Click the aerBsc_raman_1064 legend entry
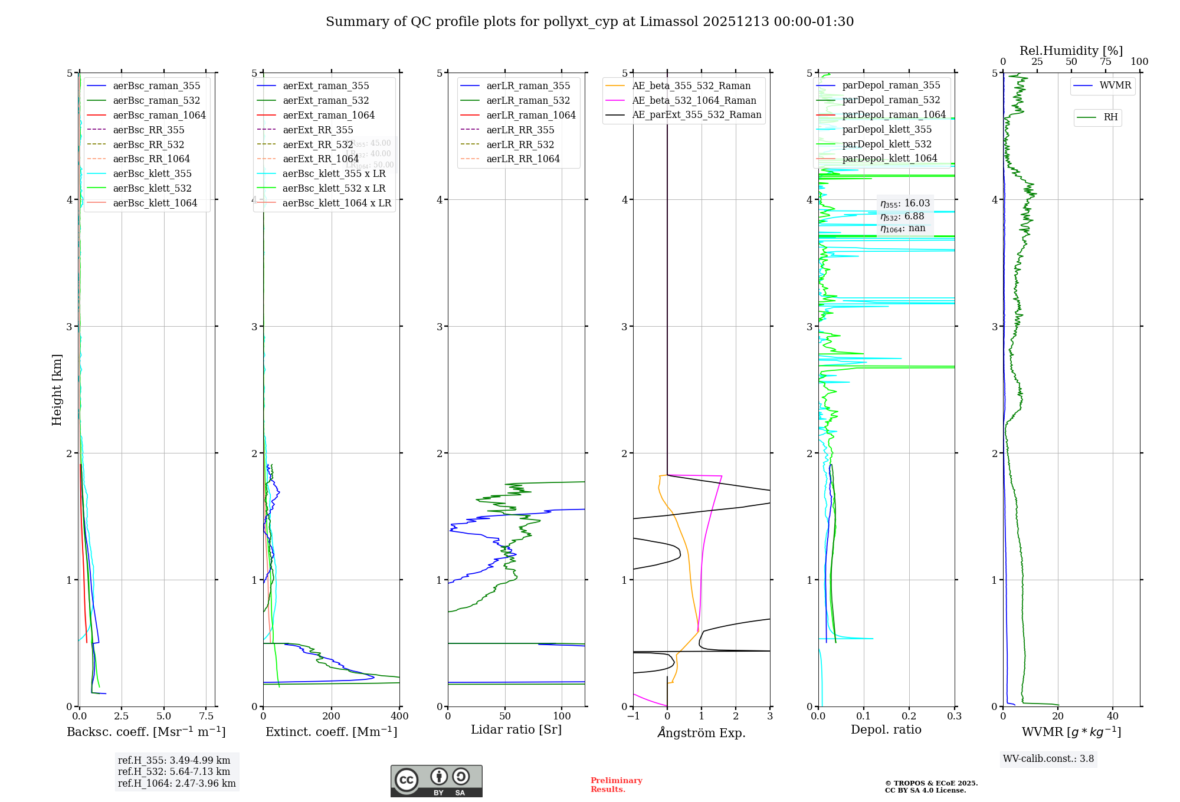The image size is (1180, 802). pos(159,115)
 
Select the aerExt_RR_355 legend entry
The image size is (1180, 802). pos(317,130)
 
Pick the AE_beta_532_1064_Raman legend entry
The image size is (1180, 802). pos(694,100)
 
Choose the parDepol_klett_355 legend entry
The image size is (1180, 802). pos(887,129)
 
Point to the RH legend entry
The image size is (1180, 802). pos(1110,117)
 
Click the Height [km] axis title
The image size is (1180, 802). pos(57,389)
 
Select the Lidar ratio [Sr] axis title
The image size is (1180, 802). pos(516,729)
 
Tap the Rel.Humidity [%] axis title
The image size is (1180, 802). pos(1071,51)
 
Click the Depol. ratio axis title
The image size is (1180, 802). pos(886,729)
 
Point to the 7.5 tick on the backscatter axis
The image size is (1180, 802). pos(206,716)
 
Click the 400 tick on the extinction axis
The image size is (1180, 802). pos(399,716)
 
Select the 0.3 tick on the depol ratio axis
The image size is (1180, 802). pos(954,716)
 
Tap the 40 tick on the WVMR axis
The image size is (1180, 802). pos(1112,716)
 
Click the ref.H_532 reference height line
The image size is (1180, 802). pos(174,772)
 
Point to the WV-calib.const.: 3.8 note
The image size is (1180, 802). pos(1048,759)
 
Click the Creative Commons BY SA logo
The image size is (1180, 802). pos(436,781)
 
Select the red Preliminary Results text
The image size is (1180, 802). pos(616,785)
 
